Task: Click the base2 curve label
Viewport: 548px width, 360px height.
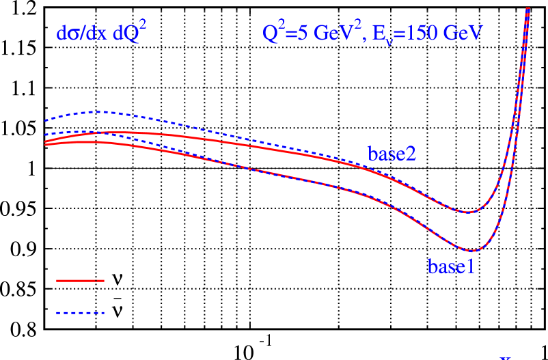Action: [392, 154]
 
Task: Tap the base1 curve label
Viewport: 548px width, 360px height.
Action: [451, 266]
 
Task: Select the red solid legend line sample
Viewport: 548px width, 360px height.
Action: [80, 281]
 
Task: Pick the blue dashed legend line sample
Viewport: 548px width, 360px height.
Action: [80, 313]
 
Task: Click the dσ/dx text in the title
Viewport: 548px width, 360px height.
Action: [81, 33]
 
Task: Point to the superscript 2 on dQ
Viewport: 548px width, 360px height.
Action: [142, 25]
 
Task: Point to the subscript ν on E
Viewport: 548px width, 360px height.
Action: [389, 40]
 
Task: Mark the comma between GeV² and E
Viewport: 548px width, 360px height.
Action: [364, 39]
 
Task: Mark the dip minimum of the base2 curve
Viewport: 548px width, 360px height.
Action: [467, 212]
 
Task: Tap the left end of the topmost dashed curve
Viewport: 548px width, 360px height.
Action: [46, 121]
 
